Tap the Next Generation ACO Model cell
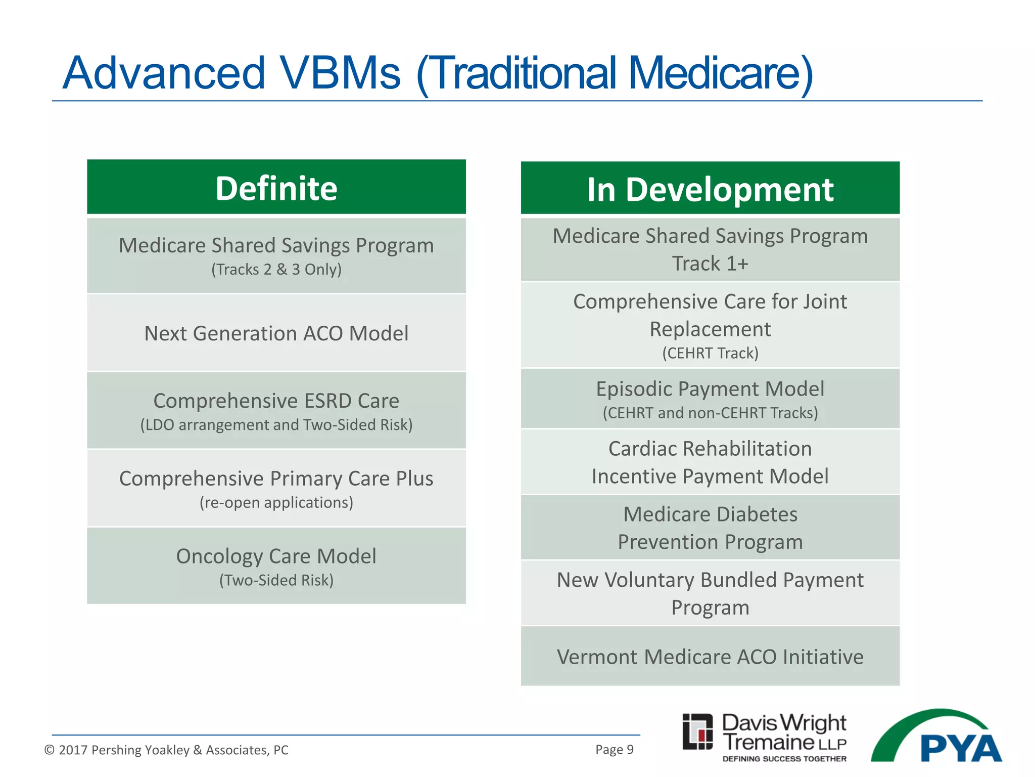[276, 333]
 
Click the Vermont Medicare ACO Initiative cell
[710, 657]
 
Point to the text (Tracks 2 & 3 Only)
[276, 269]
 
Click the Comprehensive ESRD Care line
[276, 401]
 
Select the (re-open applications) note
[276, 502]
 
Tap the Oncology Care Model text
[276, 556]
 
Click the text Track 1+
[710, 264]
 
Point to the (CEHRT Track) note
[710, 353]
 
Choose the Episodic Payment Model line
[710, 389]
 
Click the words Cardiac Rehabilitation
[710, 449]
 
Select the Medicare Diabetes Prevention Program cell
[710, 528]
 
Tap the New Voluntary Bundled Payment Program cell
[710, 593]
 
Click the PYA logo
[945, 739]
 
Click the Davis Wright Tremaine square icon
[697, 731]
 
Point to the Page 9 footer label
[614, 749]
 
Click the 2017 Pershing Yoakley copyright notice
[166, 750]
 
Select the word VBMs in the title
[340, 73]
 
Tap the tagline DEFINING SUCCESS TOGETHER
[784, 759]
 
